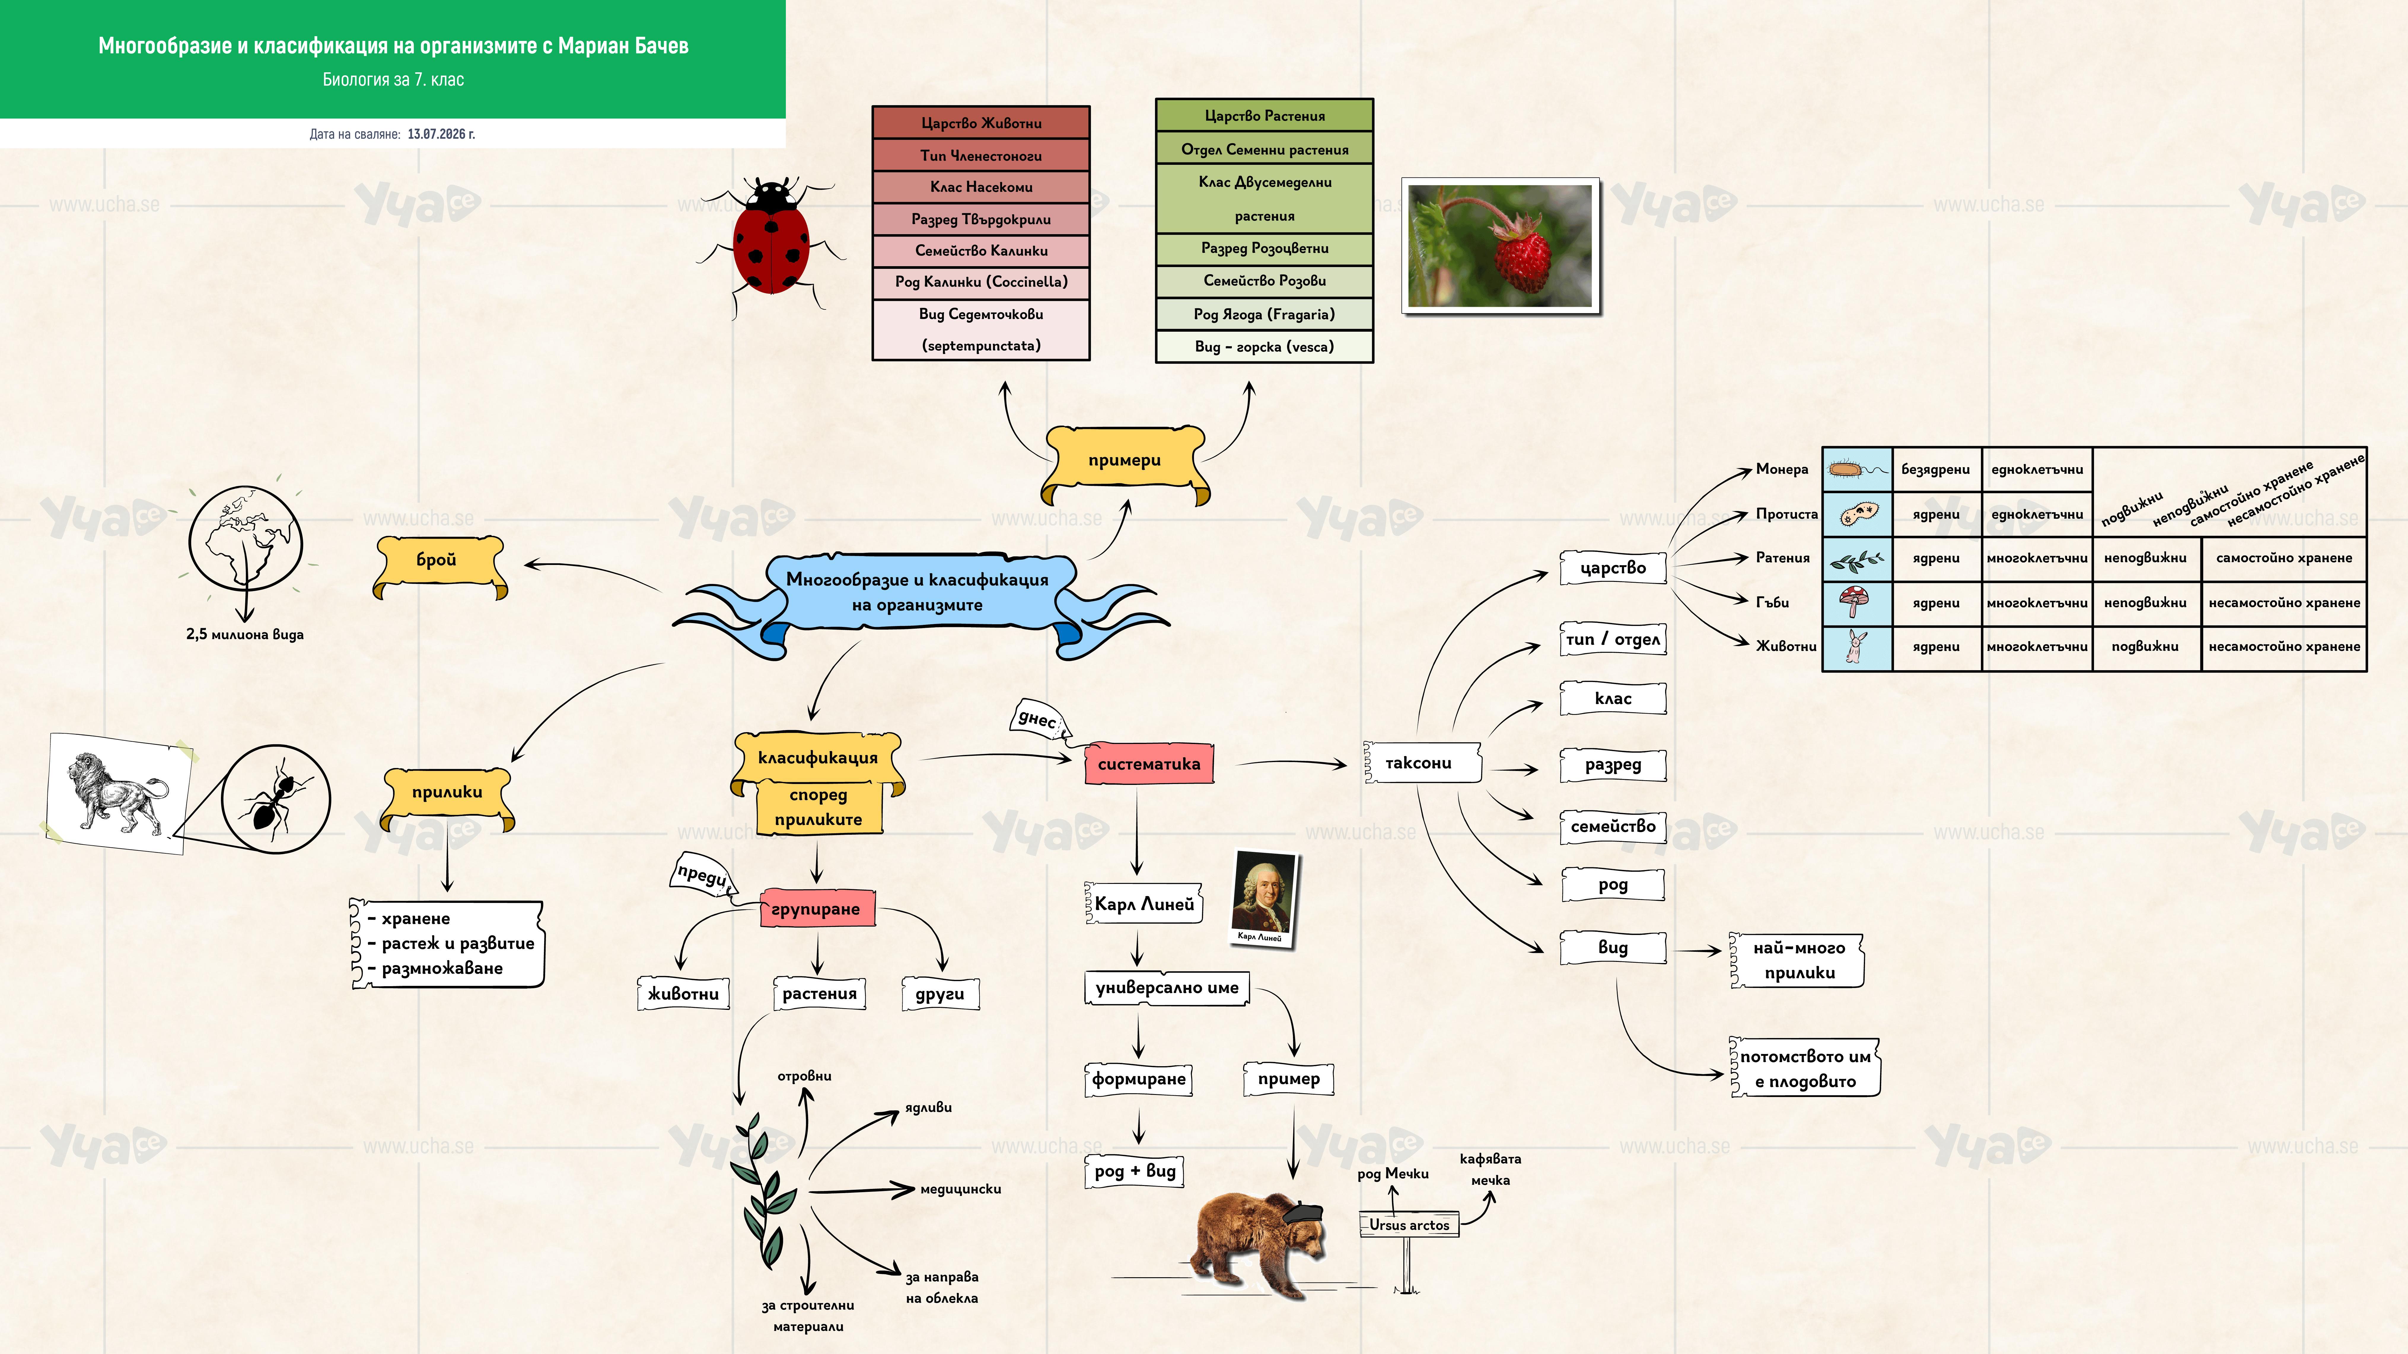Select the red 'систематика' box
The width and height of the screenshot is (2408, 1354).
pos(1149,764)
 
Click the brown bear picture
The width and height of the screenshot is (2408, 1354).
pos(1260,1243)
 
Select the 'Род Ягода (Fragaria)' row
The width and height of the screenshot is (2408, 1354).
pos(1264,314)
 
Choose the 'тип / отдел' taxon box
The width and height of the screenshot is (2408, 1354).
pos(1613,639)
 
